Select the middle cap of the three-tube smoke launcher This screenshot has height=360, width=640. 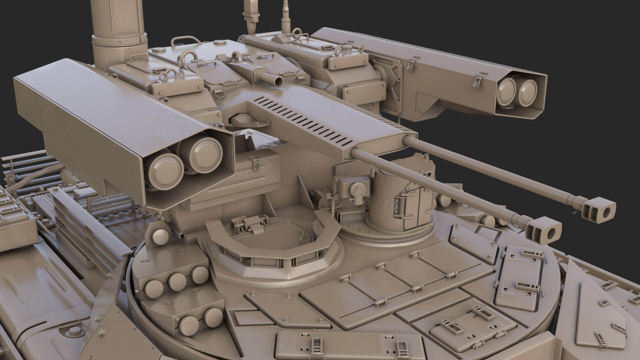tap(177, 280)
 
